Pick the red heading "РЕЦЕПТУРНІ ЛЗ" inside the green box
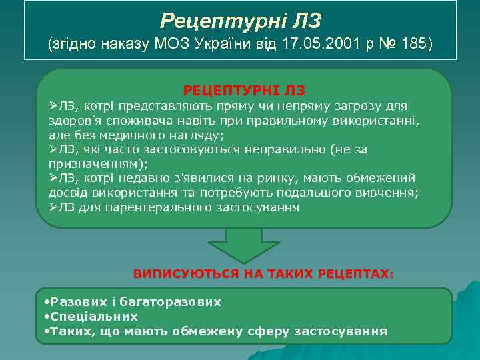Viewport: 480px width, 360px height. coord(244,89)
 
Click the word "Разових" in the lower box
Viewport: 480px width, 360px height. coord(79,301)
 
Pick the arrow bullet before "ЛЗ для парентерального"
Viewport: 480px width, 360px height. coord(54,207)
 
